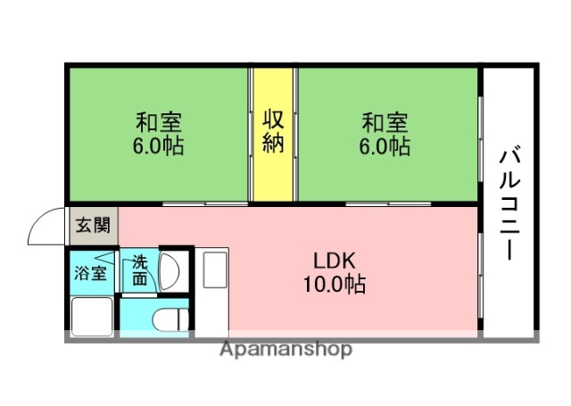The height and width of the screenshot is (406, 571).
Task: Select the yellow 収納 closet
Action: pyautogui.click(x=272, y=134)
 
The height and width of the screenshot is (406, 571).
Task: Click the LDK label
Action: pyautogui.click(x=335, y=261)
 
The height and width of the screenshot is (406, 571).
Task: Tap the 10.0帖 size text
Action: pyautogui.click(x=335, y=286)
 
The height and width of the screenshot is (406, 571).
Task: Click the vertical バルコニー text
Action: pyautogui.click(x=509, y=201)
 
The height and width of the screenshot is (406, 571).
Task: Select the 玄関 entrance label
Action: pyautogui.click(x=92, y=225)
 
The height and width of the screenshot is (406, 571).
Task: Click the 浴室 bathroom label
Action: pyautogui.click(x=91, y=271)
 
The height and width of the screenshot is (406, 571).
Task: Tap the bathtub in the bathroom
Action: pyautogui.click(x=92, y=315)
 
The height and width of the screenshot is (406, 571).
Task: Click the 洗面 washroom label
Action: pyautogui.click(x=141, y=270)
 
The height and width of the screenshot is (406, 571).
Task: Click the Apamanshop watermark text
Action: pyautogui.click(x=285, y=350)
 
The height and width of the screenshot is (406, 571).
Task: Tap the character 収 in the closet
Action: pyautogui.click(x=272, y=119)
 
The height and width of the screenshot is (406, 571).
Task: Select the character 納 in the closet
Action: pyautogui.click(x=272, y=143)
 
